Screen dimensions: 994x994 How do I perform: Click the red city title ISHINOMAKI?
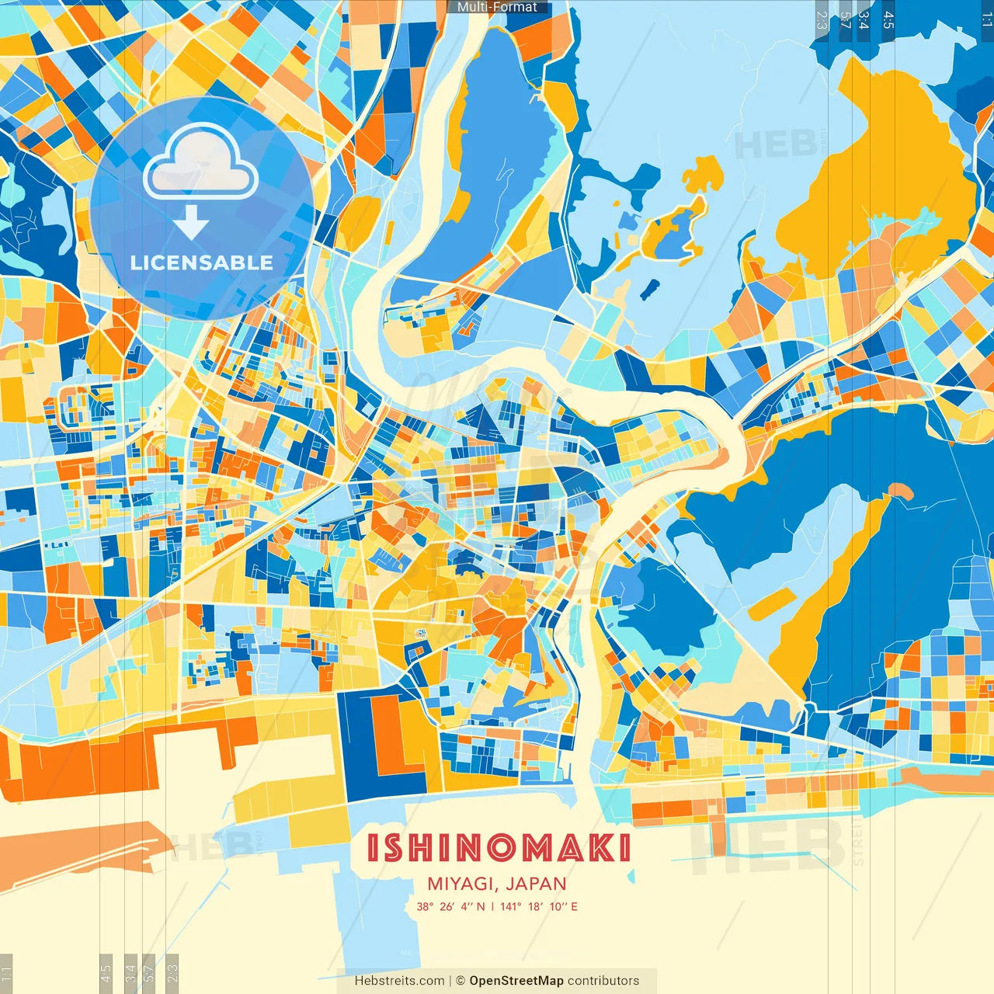coord(498,848)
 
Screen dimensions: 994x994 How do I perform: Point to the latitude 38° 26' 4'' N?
coord(450,906)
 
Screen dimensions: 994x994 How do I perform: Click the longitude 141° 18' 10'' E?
coord(539,906)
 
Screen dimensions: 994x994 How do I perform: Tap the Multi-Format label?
coord(497,7)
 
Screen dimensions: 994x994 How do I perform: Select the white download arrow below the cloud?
coord(191,224)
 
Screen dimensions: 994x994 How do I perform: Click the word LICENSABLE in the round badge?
coord(202,262)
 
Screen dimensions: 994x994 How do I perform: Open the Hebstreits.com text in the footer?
coord(399,981)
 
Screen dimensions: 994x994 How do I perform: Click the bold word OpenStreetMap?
coord(516,981)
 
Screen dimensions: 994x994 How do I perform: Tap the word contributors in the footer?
coord(603,981)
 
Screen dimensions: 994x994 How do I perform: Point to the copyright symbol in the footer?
coord(460,981)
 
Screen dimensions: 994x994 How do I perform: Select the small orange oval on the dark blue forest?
coord(899,491)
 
